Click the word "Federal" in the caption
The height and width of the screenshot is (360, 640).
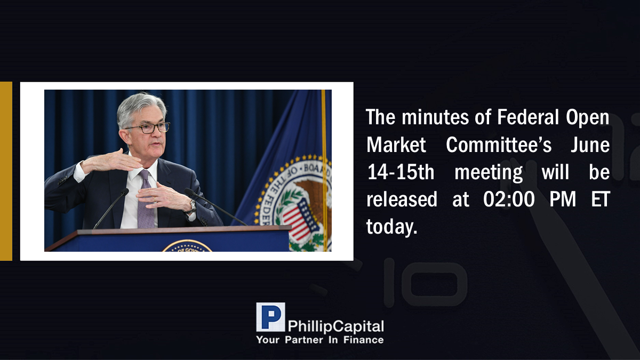tap(527, 117)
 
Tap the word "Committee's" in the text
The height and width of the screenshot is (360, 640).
tap(499, 145)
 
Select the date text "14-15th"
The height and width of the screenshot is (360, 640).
tap(401, 172)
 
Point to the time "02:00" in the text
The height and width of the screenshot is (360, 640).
tap(509, 199)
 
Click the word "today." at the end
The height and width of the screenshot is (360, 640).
tap(391, 227)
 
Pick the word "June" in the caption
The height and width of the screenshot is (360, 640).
tap(590, 145)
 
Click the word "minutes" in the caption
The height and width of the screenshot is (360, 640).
tap(435, 117)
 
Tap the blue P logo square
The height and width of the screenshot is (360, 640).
tap(270, 317)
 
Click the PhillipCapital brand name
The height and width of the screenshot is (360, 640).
tap(335, 326)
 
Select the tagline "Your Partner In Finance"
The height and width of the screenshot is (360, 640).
tap(320, 340)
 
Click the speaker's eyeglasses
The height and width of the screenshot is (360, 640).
tap(149, 127)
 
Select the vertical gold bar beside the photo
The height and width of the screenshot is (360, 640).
tap(6, 171)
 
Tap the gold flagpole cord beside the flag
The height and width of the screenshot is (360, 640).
tap(324, 171)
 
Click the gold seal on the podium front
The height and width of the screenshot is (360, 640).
tap(187, 246)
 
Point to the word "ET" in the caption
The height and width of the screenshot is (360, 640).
tap(601, 199)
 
